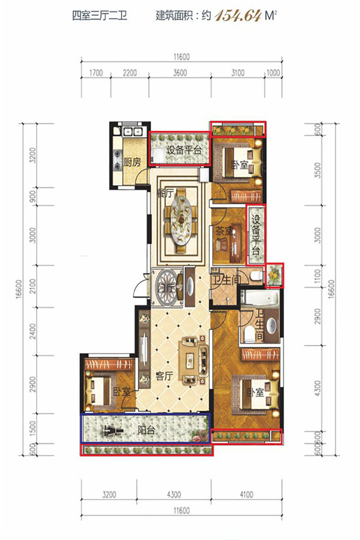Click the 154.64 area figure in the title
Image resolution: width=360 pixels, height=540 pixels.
tap(238, 16)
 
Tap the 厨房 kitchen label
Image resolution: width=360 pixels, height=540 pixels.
tap(132, 163)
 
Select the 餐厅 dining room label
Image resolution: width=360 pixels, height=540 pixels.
tap(165, 193)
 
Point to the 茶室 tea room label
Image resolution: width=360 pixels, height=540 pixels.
tap(224, 231)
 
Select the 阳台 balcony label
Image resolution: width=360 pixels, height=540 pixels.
tap(146, 430)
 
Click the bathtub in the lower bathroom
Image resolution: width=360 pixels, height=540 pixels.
tap(260, 299)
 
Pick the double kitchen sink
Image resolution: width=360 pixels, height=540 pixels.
tap(132, 131)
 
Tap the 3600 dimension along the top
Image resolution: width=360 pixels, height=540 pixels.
tap(180, 72)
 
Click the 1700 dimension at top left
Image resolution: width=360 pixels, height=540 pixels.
tap(96, 72)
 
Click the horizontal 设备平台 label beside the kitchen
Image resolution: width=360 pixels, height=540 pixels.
tap(184, 150)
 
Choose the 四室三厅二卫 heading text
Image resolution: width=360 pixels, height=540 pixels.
tap(100, 16)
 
